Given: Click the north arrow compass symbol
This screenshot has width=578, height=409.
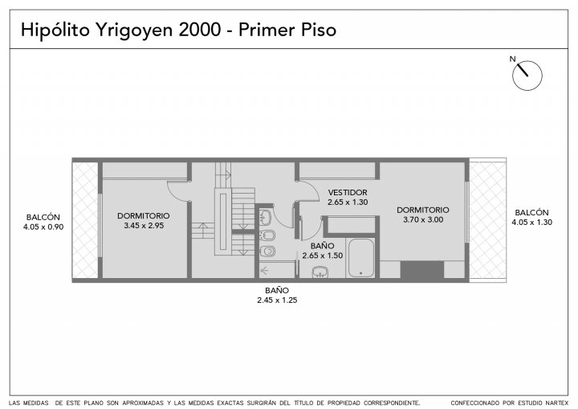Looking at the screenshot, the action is tap(527, 76).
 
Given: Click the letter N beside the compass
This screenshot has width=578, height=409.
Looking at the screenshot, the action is tap(512, 59).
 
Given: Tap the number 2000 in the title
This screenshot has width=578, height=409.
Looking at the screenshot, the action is tap(200, 30).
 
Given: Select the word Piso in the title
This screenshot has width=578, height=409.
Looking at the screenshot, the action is tap(319, 30).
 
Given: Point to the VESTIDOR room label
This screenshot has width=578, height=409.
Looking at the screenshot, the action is tap(348, 192).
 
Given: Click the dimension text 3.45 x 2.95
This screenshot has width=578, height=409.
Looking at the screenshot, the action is tap(144, 226).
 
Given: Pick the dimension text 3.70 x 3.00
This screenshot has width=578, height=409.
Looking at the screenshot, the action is tap(423, 219).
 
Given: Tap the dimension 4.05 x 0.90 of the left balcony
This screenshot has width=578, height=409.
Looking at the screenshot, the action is tap(43, 227).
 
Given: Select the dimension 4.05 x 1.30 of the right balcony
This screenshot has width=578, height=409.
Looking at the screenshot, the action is tap(532, 223).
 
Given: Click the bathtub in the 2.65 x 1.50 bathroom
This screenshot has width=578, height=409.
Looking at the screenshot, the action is tap(361, 258).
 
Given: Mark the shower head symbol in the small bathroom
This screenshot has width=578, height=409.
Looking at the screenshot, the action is tap(264, 272).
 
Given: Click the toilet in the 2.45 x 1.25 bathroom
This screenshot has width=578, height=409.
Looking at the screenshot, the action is tap(267, 252).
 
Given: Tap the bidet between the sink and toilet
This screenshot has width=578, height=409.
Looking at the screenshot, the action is tap(267, 235).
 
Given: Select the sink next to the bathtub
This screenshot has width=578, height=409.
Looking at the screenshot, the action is tap(320, 272).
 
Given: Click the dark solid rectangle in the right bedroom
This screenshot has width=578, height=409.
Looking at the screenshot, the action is tap(422, 270).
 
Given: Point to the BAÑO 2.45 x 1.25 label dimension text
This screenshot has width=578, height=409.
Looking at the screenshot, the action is tap(277, 300).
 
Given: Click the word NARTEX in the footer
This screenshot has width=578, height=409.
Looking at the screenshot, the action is tap(558, 403).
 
